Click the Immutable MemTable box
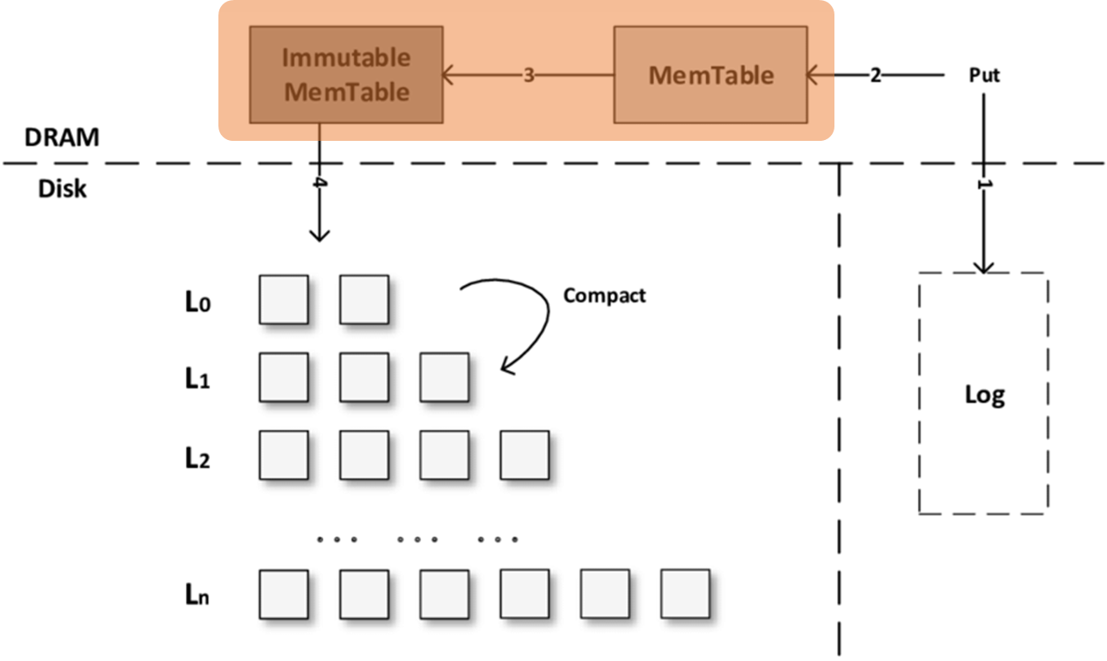[x=346, y=75]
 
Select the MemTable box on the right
[x=710, y=75]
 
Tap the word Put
[x=984, y=75]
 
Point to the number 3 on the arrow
[x=528, y=76]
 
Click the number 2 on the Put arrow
[x=875, y=76]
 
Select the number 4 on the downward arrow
[x=318, y=185]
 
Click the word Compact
[x=604, y=295]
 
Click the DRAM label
[x=62, y=138]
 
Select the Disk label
[x=62, y=189]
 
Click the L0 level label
[x=198, y=302]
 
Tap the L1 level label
[x=198, y=379]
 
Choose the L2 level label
[x=198, y=458]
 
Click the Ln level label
[x=198, y=596]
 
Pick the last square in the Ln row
[x=685, y=593]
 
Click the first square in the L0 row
[x=283, y=300]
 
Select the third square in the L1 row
[x=444, y=378]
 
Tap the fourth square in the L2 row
[x=524, y=455]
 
